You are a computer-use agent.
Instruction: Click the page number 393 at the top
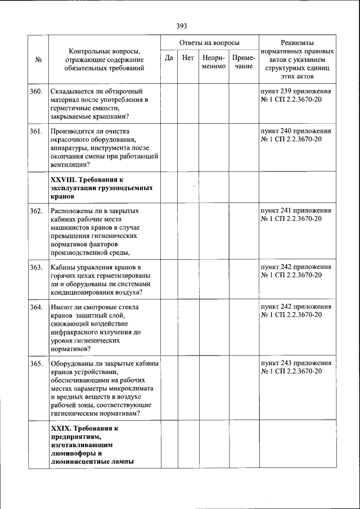pyautogui.click(x=181, y=26)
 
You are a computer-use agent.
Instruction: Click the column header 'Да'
pyautogui.click(x=168, y=57)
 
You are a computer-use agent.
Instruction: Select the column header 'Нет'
pyautogui.click(x=188, y=57)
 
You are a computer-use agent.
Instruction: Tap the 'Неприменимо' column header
pyautogui.click(x=214, y=62)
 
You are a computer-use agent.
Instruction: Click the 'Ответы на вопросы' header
pyautogui.click(x=209, y=43)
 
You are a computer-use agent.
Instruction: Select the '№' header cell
pyautogui.click(x=39, y=59)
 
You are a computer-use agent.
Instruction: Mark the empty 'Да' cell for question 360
pyautogui.click(x=168, y=103)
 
